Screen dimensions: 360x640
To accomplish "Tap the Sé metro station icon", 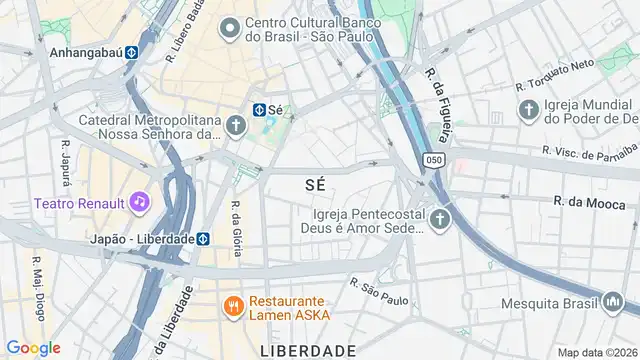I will [x=257, y=110].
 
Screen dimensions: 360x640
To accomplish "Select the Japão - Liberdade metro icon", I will [x=203, y=239].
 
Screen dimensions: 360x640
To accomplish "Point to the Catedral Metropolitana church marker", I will [x=235, y=125].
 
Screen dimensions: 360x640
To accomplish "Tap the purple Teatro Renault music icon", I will [x=141, y=203].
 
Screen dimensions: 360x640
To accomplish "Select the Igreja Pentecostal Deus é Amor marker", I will [x=441, y=219].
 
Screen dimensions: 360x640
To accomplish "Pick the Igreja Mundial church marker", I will [x=527, y=108].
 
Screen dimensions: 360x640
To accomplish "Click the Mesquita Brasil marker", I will [x=613, y=300].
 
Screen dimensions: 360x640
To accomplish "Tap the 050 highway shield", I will [x=433, y=160].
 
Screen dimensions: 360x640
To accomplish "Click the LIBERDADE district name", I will [x=308, y=351].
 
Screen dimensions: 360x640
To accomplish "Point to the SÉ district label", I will [x=315, y=185].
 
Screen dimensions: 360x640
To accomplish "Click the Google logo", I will [x=33, y=347].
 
